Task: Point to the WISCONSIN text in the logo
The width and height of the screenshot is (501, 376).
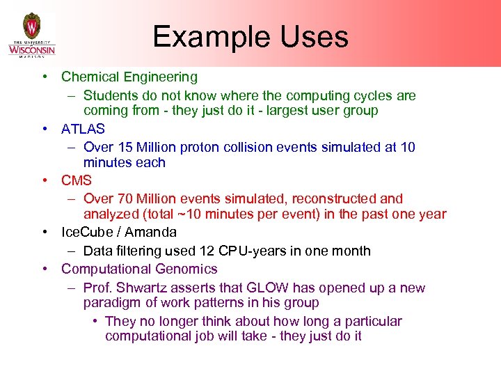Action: tap(32, 49)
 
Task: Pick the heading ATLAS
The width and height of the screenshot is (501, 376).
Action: tap(83, 129)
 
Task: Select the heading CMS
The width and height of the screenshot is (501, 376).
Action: tap(76, 180)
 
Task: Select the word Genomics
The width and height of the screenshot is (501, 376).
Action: tap(186, 269)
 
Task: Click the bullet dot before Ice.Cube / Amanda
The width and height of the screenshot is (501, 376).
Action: tap(44, 232)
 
